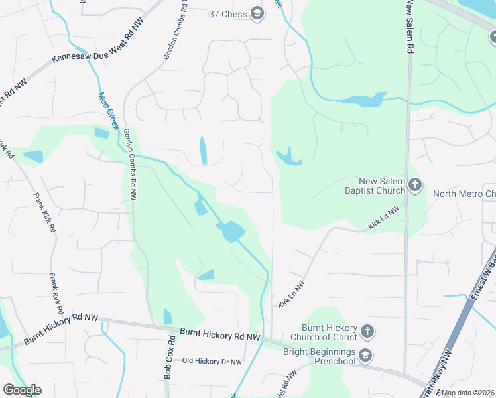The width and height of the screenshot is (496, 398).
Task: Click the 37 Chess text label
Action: [x=227, y=14]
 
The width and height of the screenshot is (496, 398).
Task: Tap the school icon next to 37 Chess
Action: [x=257, y=14]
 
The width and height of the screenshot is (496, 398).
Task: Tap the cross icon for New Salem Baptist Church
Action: [x=415, y=185]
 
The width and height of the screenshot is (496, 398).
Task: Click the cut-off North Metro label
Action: [x=464, y=194]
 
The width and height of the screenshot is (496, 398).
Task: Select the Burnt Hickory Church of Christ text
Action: [x=330, y=332]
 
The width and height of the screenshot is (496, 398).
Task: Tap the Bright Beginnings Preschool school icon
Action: [x=365, y=356]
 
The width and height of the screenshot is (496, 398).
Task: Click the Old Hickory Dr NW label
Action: [x=213, y=362]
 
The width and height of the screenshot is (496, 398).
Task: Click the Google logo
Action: [x=22, y=390]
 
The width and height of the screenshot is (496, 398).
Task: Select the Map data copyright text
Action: [x=468, y=393]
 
